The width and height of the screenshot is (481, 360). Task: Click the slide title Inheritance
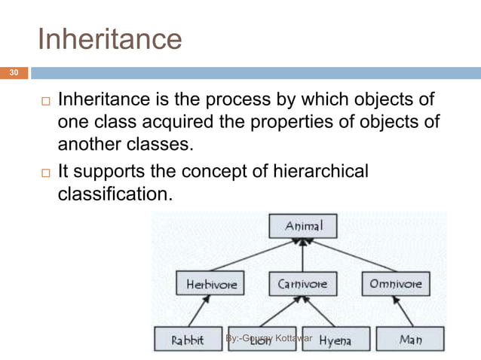tap(109, 38)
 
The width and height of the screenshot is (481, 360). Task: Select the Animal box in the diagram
tap(303, 226)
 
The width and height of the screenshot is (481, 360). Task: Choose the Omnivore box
tap(396, 285)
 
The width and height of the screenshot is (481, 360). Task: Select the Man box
tap(411, 340)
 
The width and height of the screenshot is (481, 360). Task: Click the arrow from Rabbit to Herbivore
tap(198, 311)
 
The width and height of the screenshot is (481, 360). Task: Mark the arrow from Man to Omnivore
tap(401, 311)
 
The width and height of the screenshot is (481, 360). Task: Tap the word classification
tap(114, 194)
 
